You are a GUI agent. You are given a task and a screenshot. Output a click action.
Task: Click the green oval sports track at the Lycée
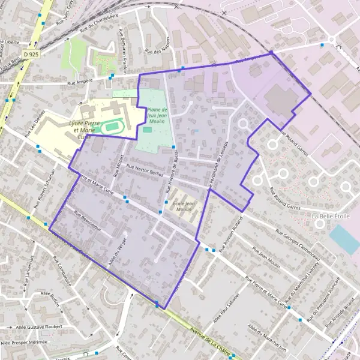109,127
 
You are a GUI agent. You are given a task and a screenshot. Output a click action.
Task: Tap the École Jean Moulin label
182,206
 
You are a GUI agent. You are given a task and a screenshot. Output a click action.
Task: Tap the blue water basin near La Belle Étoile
344,239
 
